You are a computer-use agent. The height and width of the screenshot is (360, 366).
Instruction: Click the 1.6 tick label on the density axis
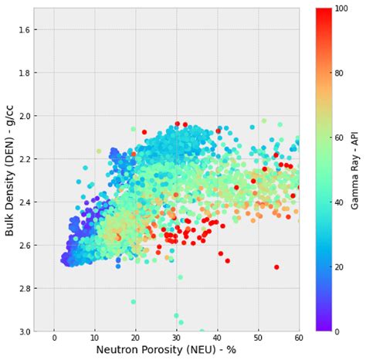click(x=22, y=29)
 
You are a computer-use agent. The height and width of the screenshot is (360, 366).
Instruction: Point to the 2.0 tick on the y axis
click(x=22, y=116)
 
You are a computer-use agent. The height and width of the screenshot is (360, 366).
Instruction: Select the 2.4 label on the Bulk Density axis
click(x=22, y=202)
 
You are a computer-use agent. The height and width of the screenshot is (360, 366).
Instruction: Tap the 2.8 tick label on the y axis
click(x=22, y=288)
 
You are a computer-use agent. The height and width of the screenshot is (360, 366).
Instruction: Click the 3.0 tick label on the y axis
click(x=22, y=331)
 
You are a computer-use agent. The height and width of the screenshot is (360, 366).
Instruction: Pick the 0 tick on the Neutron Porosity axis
click(x=54, y=338)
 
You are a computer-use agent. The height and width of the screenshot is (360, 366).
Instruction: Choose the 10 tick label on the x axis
click(x=95, y=338)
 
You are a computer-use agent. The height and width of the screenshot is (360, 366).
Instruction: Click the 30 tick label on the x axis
click(x=177, y=338)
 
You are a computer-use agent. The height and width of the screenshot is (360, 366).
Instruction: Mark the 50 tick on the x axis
click(x=258, y=338)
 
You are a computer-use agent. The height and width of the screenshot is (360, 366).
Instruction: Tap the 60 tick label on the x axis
click(x=298, y=338)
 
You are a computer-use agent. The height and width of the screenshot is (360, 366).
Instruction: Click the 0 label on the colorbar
click(x=341, y=331)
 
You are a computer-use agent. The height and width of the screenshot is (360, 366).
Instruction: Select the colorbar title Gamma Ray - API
click(x=356, y=170)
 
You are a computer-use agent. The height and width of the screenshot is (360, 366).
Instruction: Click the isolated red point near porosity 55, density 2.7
click(x=276, y=267)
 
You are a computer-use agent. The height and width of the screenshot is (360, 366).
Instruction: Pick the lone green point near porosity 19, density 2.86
click(x=133, y=302)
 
